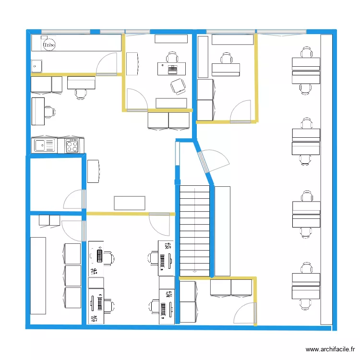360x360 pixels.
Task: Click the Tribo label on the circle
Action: pos(49,45)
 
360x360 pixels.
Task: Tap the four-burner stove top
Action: pos(72,145)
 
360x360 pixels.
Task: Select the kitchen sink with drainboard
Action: pos(44,145)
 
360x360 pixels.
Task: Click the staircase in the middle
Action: pos(194,231)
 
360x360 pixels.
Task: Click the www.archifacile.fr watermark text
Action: pos(330,349)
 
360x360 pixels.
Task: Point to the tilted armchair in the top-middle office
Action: pos(178,86)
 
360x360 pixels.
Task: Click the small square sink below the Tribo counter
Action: pos(36,66)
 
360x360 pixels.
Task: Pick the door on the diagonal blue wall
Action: pos(213,161)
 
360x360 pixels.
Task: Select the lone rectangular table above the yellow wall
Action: pos(130,203)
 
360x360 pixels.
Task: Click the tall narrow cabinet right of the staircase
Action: pos(222,231)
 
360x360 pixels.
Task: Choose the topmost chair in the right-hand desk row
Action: pos(306,52)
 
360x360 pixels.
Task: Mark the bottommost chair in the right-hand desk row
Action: pos(306,304)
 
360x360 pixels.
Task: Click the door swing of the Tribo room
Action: pos(107,64)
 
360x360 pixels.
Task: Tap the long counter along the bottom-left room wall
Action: pos(38,276)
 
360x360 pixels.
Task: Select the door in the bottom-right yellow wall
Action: pos(245,313)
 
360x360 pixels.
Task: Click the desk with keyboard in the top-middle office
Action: pos(171,69)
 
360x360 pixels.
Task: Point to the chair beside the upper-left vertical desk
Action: pos(50,112)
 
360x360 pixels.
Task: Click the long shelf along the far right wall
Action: pos(326,180)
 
